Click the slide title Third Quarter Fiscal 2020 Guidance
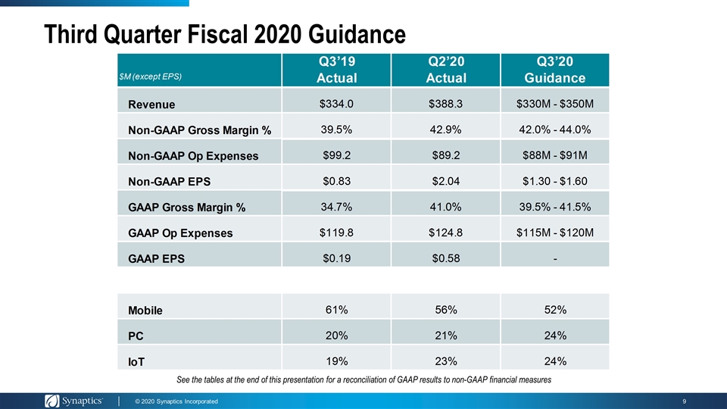coord(225,34)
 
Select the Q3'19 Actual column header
coord(336,70)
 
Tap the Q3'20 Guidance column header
coord(555,70)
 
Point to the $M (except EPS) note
coord(150,76)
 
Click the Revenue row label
coord(151,105)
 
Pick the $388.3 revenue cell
coord(445,104)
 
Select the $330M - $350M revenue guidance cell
coord(555,104)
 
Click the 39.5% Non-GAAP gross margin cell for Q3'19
coord(336,130)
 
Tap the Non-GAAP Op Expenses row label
coord(193,156)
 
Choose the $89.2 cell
coord(446,155)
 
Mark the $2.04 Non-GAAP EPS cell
coord(446,181)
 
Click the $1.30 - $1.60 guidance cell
coord(555,181)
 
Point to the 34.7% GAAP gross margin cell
coord(336,207)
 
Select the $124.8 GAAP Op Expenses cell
coord(445,233)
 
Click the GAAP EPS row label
coord(156,259)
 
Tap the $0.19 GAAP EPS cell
coord(336,258)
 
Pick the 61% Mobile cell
coord(336,310)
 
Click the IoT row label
coord(136,362)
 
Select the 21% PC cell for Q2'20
coord(446,336)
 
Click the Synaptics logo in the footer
coord(73,401)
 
